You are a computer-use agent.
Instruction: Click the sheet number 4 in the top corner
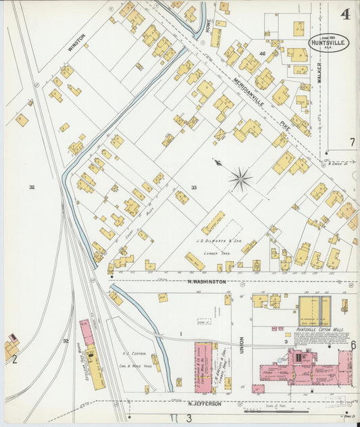(x=345, y=14)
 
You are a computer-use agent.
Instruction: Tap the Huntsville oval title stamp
(x=330, y=43)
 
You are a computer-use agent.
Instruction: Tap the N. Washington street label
(x=207, y=280)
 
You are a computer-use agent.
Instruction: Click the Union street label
(x=240, y=333)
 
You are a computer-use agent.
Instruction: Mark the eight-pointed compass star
(x=240, y=179)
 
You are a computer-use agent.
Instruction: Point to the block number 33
(x=195, y=187)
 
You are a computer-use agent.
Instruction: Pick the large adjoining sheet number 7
(x=352, y=142)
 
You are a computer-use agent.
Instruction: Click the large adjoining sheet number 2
(x=14, y=359)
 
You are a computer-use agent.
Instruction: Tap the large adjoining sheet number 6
(x=353, y=345)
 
